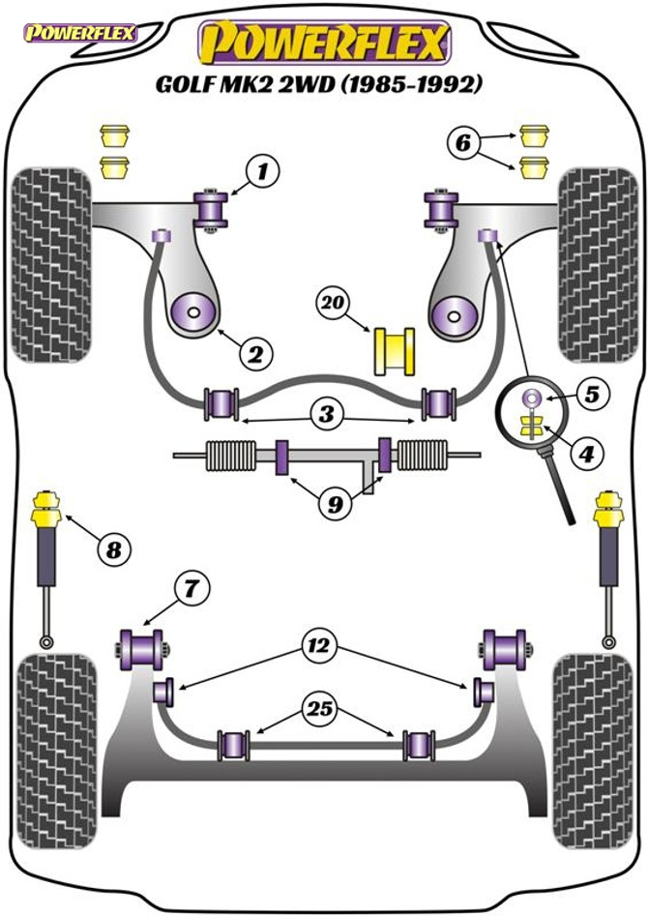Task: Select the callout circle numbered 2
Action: (254, 355)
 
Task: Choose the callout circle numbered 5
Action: (591, 395)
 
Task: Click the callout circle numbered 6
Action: (462, 144)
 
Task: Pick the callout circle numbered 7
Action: (191, 587)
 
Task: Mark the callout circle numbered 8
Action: (114, 550)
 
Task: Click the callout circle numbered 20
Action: (335, 303)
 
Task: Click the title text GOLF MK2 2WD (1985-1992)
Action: (319, 84)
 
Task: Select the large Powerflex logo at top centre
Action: (324, 42)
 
